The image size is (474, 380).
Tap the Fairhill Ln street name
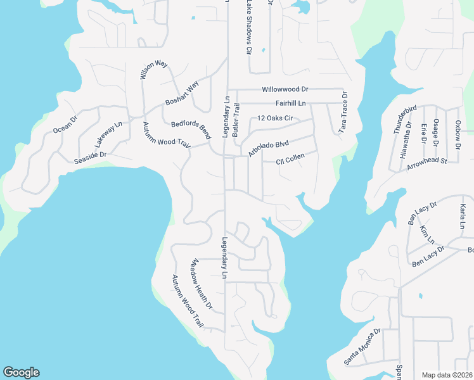pyautogui.click(x=290, y=103)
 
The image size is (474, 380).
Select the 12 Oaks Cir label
pyautogui.click(x=275, y=118)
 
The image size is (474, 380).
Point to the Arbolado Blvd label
pyautogui.click(x=269, y=153)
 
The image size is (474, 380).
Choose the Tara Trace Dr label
pyautogui.click(x=344, y=112)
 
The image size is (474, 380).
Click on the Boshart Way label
pyautogui.click(x=182, y=92)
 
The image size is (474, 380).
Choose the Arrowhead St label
pyautogui.click(x=427, y=162)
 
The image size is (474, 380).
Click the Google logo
pyautogui.click(x=21, y=372)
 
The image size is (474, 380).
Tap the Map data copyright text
pyautogui.click(x=447, y=375)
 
